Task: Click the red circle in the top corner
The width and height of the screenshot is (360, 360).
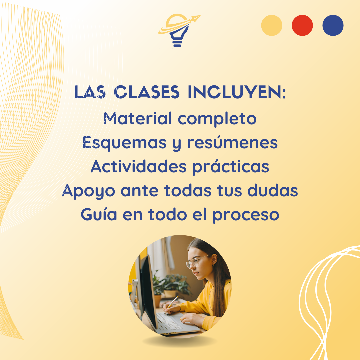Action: coord(302,25)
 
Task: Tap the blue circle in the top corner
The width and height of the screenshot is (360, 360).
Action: coord(333,25)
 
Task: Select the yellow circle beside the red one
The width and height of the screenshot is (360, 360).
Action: coord(272,25)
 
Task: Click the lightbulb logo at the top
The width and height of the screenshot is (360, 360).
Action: coord(179,31)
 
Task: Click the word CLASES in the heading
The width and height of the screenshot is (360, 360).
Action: coord(147,92)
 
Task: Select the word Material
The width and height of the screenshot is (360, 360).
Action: coord(138,118)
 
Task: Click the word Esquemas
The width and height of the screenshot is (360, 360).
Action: coord(124,143)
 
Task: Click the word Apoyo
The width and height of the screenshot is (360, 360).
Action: coord(88,191)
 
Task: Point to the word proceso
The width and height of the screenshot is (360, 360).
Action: coord(246,216)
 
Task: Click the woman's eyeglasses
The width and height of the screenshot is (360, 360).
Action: coord(197,262)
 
